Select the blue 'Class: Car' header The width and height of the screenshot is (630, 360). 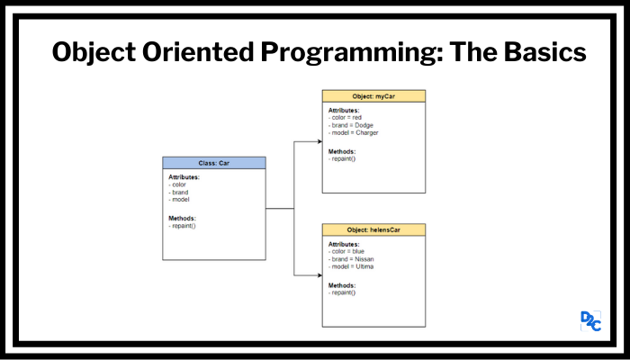(214, 163)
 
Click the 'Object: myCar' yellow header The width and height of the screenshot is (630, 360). (373, 95)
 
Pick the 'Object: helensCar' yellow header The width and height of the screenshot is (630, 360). (373, 231)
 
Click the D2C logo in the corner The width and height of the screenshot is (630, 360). (591, 320)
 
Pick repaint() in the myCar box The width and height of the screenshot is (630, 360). (344, 158)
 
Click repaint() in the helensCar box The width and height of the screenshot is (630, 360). (344, 292)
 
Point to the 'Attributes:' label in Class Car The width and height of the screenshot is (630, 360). (184, 177)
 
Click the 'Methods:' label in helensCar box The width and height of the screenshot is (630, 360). (342, 284)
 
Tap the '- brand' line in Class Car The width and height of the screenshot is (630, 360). (180, 192)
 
